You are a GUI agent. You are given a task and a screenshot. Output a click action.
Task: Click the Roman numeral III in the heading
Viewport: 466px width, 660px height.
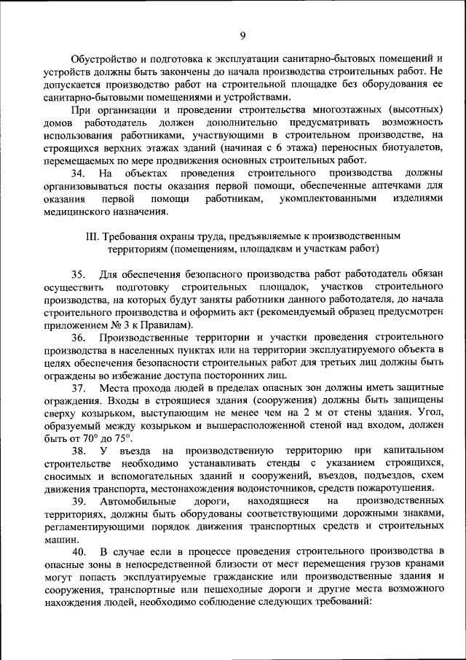92,236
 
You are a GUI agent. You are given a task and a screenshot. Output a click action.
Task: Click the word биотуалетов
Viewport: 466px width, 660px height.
408,148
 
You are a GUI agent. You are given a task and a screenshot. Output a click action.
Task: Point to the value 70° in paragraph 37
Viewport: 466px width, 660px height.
94,438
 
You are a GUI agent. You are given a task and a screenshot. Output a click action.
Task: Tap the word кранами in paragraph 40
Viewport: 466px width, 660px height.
423,564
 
